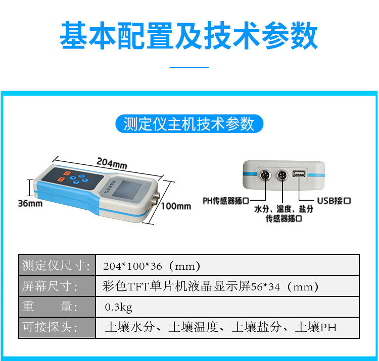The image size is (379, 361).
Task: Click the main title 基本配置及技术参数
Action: tap(188, 35)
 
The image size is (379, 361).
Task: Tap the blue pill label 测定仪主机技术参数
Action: tap(189, 124)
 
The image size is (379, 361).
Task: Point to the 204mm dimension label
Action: tap(112, 163)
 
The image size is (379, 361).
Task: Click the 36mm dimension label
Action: tap(30, 204)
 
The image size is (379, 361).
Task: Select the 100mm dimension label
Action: tap(176, 206)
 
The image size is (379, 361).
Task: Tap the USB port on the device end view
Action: tap(299, 173)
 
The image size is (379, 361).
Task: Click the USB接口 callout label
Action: tap(334, 201)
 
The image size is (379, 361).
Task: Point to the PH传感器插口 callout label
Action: tap(226, 201)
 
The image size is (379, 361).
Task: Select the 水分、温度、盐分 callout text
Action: tap(284, 209)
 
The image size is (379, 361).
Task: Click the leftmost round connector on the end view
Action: tap(265, 175)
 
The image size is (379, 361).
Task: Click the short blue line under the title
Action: tap(189, 67)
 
